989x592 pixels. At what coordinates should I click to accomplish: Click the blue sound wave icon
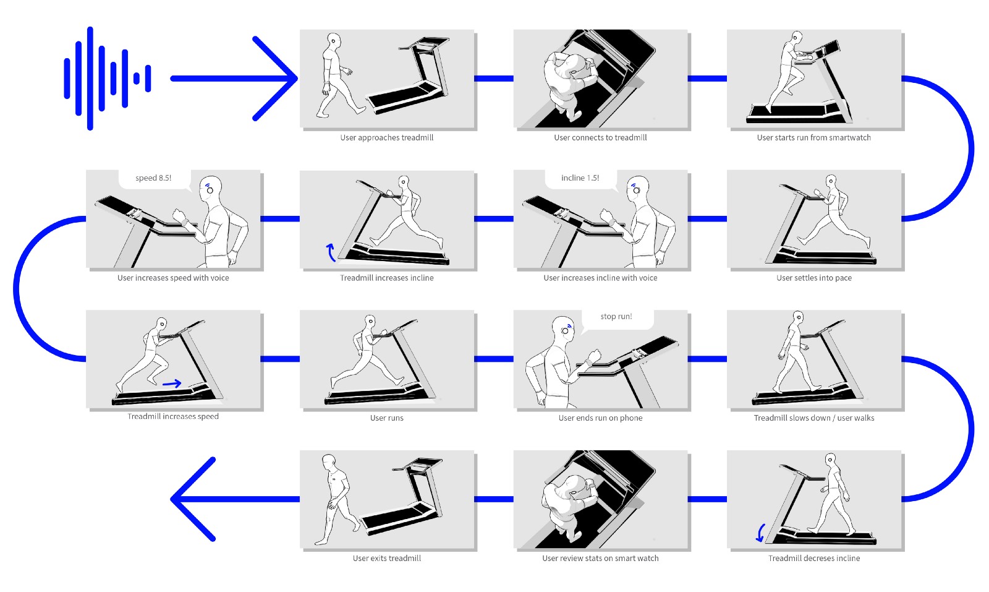point(108,78)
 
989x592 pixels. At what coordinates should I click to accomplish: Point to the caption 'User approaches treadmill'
point(387,137)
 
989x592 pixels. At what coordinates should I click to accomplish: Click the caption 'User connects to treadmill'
point(600,137)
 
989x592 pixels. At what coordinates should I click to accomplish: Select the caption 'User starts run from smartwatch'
point(813,137)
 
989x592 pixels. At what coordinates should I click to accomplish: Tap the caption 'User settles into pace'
point(813,278)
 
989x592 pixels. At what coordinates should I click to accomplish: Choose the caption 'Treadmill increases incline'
point(387,278)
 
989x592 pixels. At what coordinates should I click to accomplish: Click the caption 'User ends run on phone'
point(600,418)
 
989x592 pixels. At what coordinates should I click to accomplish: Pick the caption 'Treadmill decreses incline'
point(813,559)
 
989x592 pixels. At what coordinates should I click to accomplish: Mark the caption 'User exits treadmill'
point(387,559)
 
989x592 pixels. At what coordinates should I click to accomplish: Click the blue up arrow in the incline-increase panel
point(331,252)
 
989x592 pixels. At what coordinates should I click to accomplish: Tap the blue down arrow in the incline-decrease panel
point(760,533)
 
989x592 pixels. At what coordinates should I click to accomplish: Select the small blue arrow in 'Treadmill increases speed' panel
point(172,384)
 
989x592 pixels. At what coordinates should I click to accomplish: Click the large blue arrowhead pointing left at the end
point(193,499)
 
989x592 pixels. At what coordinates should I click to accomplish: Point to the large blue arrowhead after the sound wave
point(275,79)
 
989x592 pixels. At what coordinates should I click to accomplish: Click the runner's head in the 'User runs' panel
point(370,322)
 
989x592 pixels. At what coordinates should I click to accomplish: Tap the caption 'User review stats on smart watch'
point(600,559)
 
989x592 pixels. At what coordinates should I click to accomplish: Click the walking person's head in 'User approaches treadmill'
point(334,41)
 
